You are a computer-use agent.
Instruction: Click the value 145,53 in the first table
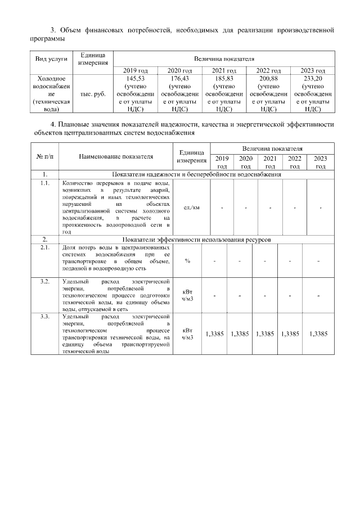coord(136,79)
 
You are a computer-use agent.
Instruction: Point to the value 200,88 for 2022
coord(268,79)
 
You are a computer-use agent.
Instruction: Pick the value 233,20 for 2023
coord(312,79)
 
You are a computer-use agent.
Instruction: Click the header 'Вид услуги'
coord(51,58)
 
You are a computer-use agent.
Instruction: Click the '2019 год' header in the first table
coord(136,70)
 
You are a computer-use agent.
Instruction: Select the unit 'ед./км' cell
coord(191,208)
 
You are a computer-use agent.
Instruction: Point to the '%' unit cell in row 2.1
coord(187,260)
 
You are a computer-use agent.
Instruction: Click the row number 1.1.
coord(44,183)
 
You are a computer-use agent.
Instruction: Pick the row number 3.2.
coord(44,280)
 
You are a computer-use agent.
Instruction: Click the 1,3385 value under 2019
coord(215,334)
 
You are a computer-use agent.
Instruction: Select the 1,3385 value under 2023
coord(318,334)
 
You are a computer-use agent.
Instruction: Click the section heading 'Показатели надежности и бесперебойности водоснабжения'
coord(196,174)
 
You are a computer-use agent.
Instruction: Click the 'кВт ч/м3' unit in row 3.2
coord(188,295)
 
